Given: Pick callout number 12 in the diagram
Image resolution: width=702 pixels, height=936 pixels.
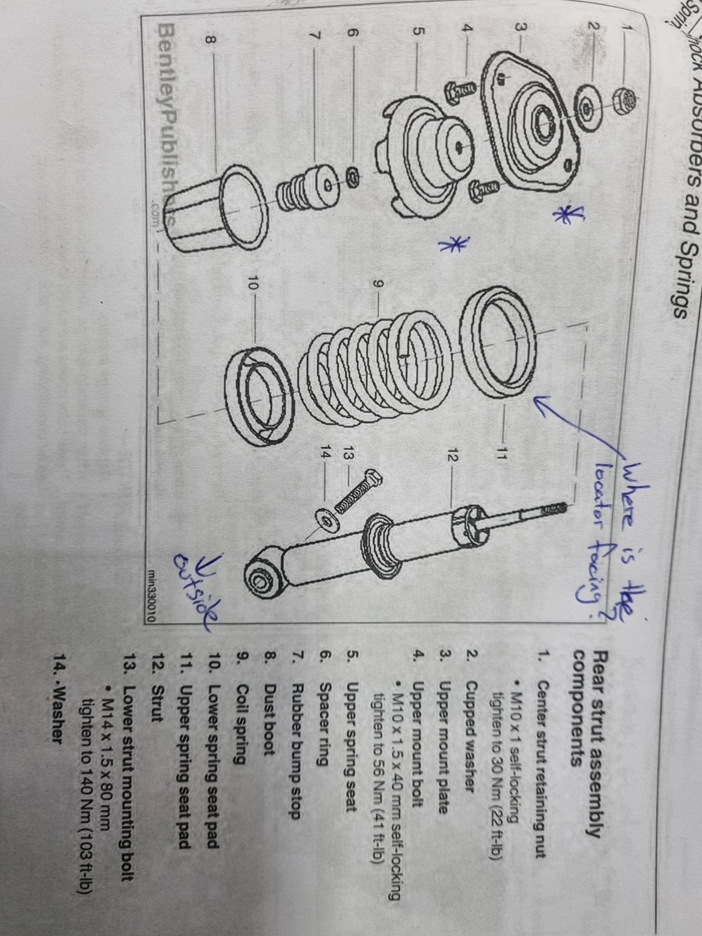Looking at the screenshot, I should (452, 458).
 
